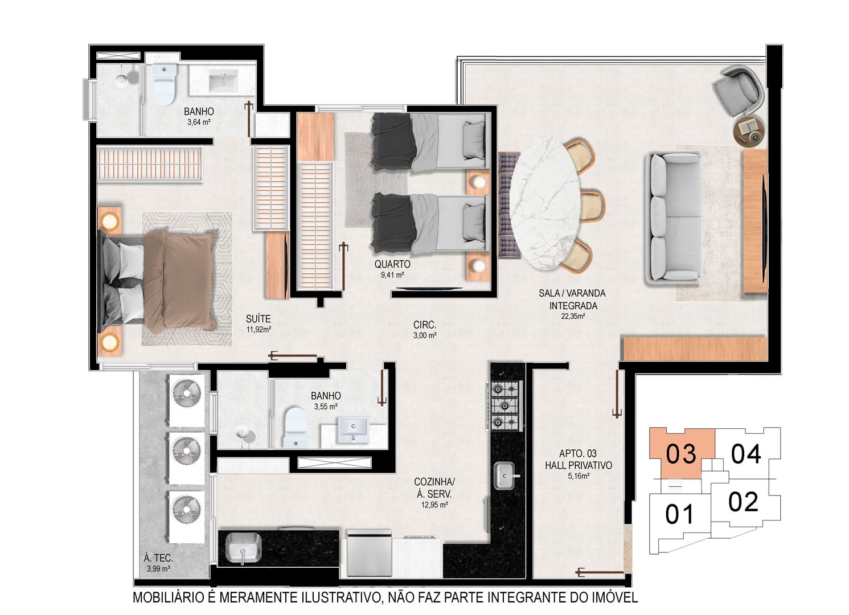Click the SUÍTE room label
(258, 319)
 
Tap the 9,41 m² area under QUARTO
(392, 274)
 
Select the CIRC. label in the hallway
(425, 325)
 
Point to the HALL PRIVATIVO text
(579, 465)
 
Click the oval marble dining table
(544, 203)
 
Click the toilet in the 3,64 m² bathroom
(165, 84)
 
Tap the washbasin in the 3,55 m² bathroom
(353, 430)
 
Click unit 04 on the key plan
(745, 454)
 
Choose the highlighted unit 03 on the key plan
(680, 454)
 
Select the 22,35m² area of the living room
(573, 317)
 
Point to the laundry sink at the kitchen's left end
(243, 548)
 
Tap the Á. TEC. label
(158, 558)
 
